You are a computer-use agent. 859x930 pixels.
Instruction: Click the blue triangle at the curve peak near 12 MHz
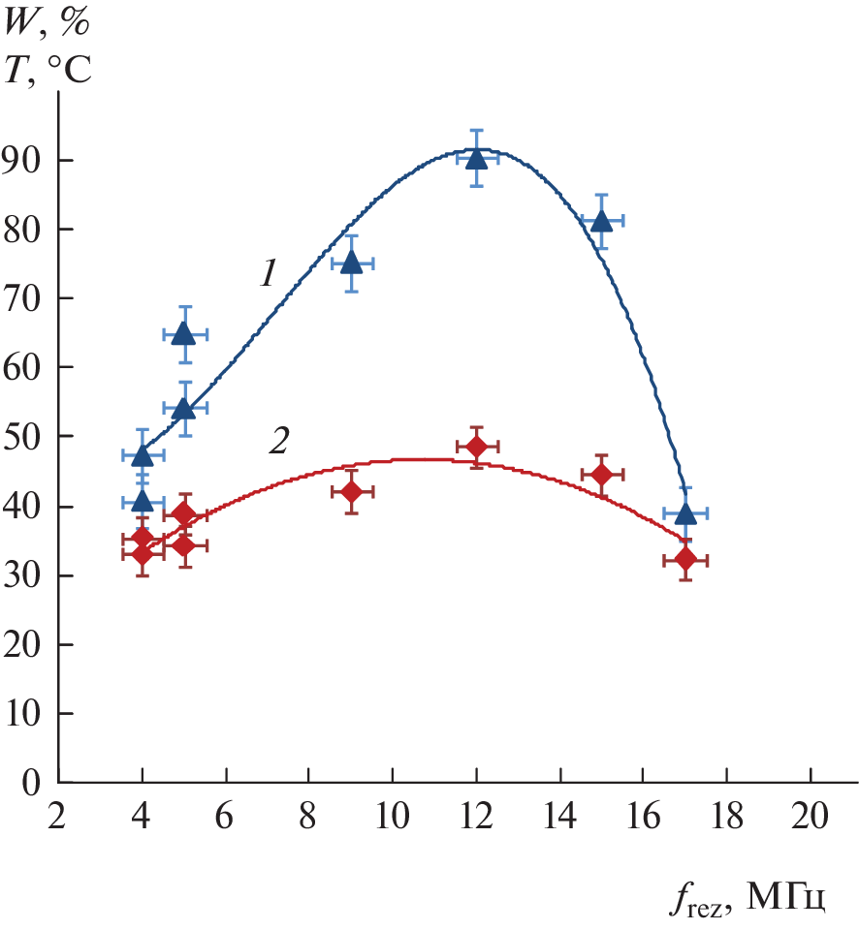coord(476,157)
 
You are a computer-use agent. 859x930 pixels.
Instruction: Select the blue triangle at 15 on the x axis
coord(601,221)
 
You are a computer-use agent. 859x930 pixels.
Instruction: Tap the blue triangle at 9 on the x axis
coord(351,263)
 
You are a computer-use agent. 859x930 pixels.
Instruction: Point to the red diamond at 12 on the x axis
coord(476,447)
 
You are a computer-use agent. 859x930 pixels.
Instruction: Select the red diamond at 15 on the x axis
coord(601,475)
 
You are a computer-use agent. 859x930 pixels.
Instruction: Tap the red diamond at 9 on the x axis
coord(351,492)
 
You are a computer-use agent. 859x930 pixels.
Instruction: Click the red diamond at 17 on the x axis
coord(685,559)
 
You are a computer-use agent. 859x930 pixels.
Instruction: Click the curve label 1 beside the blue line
coord(269,274)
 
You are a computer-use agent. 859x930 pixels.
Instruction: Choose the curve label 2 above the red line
coord(278,442)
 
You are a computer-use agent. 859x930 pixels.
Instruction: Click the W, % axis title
coord(48,20)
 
